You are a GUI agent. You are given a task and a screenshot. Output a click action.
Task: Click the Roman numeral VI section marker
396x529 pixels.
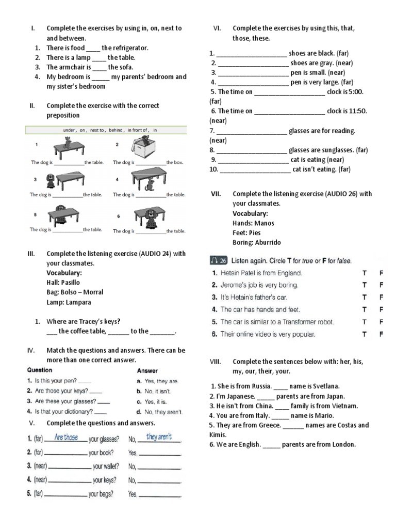click(x=217, y=28)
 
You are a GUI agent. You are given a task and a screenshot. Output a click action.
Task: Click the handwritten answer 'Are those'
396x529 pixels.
click(x=66, y=437)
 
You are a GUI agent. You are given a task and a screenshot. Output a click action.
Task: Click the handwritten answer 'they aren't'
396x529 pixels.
click(x=159, y=437)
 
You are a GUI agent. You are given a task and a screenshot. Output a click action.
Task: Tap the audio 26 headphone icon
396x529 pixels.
click(x=219, y=260)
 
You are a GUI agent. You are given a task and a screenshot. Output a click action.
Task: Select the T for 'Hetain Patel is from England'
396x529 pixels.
click(x=365, y=272)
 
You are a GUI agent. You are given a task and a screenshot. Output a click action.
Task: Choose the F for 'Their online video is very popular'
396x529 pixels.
click(x=382, y=334)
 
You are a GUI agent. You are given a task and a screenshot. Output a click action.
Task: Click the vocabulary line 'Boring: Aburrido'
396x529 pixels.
click(x=257, y=242)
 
